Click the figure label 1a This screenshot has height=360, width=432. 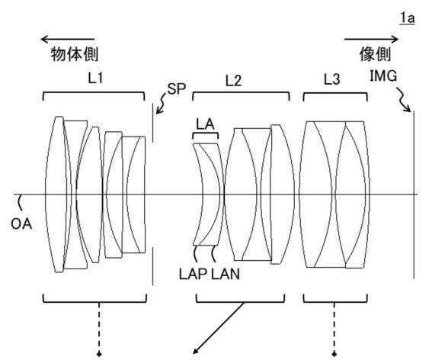coord(408,19)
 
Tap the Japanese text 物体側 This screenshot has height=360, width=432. coord(75,54)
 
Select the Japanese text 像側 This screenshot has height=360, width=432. coord(376,54)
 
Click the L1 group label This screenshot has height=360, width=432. coord(95,78)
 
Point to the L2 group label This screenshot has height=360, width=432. coord(233,81)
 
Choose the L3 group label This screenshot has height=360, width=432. coord(331,79)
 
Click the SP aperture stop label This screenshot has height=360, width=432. coord(177,89)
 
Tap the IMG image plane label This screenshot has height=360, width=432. coord(383,76)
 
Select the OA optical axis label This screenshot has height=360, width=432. coord(21,223)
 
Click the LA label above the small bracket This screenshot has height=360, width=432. coord(205,124)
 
